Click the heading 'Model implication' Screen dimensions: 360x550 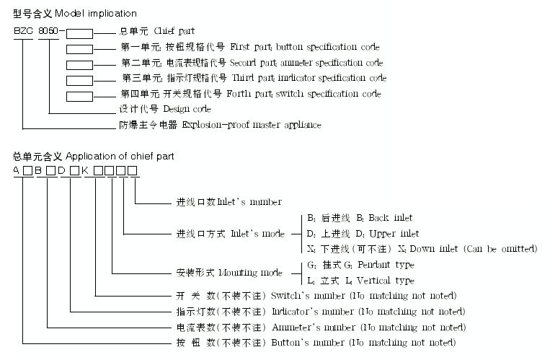94,14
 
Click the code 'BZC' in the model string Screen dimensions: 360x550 23,32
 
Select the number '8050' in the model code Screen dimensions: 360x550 49,32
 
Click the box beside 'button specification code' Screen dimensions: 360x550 79,48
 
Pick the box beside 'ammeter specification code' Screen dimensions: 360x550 79,63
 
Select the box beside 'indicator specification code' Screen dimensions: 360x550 79,79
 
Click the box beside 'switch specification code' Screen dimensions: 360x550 79,95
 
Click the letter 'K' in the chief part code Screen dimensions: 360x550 85,171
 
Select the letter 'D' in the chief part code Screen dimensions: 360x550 62,171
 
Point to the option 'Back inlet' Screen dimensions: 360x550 390,218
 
